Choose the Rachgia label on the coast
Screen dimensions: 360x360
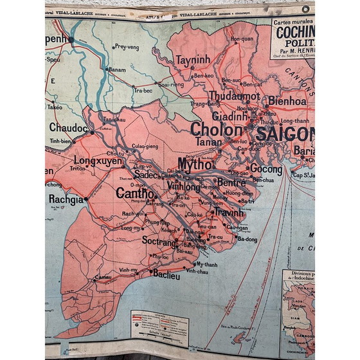coord(66,199)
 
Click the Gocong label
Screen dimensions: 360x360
coord(265,168)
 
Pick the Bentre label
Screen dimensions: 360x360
coord(232,183)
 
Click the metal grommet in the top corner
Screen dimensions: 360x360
coord(305,8)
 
